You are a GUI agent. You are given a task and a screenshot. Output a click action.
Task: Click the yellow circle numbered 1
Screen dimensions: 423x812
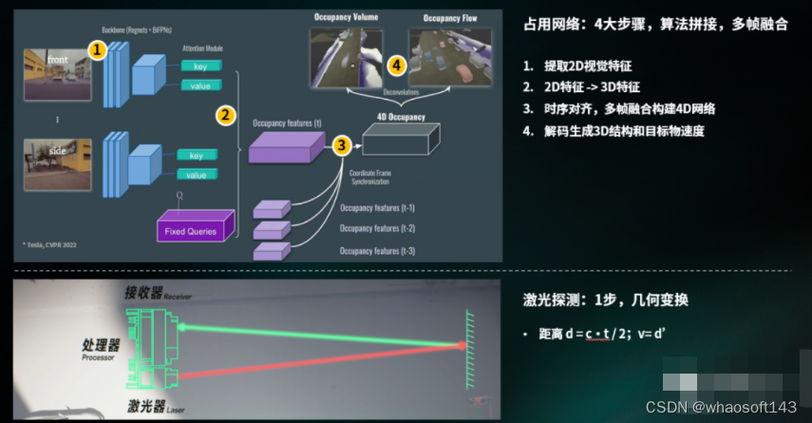[96, 48]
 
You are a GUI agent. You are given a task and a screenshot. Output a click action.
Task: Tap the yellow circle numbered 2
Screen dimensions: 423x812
[225, 115]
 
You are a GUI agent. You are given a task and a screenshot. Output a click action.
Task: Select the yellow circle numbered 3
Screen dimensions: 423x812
[342, 144]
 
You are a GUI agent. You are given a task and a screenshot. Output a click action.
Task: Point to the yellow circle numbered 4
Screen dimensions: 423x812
[397, 65]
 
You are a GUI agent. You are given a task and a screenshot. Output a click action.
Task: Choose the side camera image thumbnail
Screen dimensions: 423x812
[58, 162]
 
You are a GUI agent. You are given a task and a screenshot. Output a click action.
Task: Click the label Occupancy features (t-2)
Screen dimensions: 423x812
[369, 228]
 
